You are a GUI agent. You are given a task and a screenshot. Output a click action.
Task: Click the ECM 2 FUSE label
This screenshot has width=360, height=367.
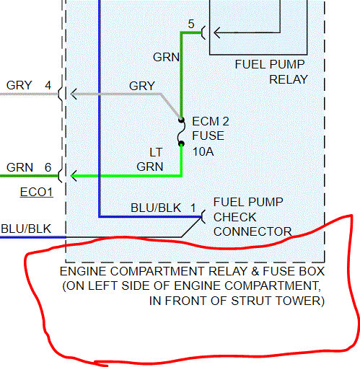(x=211, y=128)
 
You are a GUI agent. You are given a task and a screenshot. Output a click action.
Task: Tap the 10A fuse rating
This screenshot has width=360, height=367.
(x=203, y=151)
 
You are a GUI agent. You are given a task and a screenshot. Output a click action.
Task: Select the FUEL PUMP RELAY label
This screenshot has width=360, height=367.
(x=271, y=72)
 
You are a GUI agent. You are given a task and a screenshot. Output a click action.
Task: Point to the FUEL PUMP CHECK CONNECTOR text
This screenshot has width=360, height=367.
(x=253, y=217)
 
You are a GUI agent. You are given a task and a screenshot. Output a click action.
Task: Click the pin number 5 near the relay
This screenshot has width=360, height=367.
(x=191, y=24)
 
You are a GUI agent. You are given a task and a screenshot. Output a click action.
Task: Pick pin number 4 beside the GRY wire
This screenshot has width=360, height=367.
(x=48, y=85)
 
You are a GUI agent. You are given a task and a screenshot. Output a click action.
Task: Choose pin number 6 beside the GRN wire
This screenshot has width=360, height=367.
(x=48, y=167)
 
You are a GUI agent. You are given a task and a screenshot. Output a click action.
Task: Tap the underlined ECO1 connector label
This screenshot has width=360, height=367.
(x=36, y=193)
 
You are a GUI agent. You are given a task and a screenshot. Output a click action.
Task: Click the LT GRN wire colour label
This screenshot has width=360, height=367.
(x=150, y=159)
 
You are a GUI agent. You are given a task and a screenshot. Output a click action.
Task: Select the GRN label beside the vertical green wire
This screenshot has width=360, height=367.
(x=166, y=57)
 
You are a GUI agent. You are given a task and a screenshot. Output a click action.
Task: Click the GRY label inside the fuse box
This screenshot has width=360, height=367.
(x=142, y=86)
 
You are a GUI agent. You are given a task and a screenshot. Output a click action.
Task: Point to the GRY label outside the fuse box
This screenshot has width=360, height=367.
(x=19, y=85)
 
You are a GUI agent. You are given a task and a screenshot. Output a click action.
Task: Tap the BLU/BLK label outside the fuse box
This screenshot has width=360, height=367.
(x=26, y=229)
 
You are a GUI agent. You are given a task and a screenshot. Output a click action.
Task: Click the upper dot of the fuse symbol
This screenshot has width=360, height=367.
(x=181, y=120)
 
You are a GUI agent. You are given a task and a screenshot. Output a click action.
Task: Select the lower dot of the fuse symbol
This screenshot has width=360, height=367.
(x=182, y=144)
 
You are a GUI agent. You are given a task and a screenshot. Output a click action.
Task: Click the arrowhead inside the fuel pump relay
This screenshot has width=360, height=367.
(x=217, y=32)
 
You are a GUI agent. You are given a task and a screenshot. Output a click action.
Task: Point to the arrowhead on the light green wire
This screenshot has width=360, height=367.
(x=74, y=176)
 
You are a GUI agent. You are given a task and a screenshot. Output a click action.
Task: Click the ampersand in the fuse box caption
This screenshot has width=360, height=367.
(x=255, y=271)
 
